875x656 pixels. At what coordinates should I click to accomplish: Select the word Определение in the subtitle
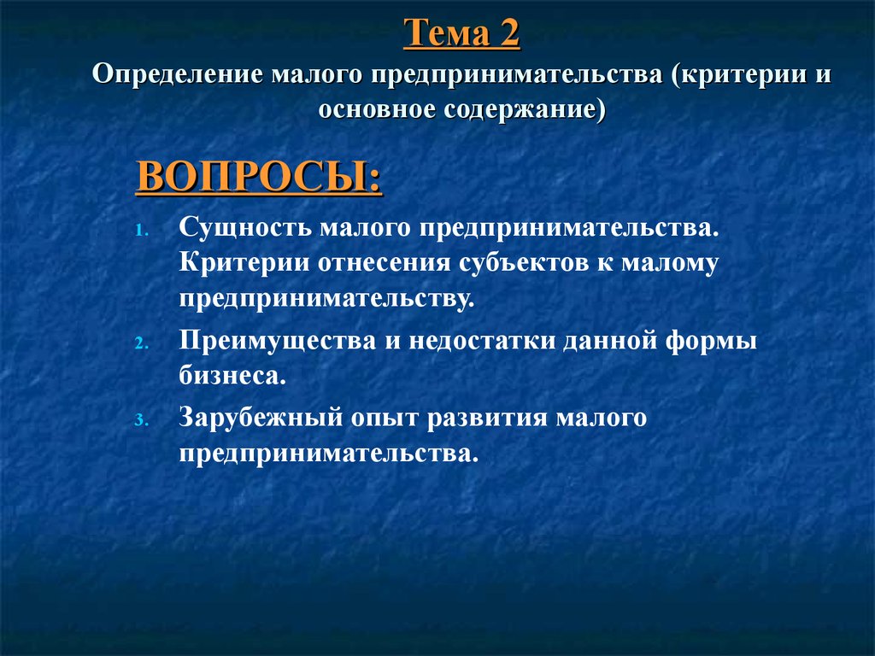(178, 75)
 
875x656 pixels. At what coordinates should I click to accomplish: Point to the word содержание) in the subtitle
(525, 108)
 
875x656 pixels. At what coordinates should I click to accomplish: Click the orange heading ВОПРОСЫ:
(259, 177)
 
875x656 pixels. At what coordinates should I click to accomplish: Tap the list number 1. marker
(142, 231)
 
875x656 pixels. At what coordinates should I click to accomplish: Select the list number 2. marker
(142, 343)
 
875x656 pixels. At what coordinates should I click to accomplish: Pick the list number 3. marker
(142, 420)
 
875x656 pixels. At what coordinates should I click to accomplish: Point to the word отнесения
(385, 263)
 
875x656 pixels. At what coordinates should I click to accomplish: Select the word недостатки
(482, 340)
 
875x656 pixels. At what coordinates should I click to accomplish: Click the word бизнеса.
(232, 374)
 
